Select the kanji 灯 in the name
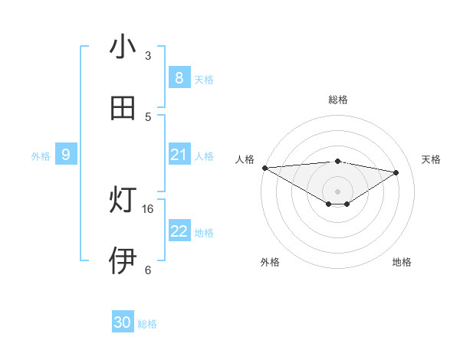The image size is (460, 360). point(123,201)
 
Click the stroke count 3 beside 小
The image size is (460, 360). point(148,55)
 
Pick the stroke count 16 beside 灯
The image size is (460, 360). point(148,208)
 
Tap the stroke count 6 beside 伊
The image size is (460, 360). point(148,270)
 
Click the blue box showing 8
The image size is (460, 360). point(179,78)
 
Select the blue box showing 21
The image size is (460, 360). point(179,155)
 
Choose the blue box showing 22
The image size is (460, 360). point(179,231)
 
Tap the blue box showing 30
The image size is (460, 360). point(122,322)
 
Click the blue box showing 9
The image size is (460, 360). point(66,155)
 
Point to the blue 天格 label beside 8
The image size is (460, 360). point(204,79)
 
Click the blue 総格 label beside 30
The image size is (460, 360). point(147,324)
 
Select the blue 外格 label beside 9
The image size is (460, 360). point(41,156)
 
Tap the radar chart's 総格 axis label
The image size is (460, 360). point(338,100)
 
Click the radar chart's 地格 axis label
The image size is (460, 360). point(402,262)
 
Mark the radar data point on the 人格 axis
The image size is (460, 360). point(264,167)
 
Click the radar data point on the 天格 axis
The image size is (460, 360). point(396,172)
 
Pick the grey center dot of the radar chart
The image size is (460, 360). point(338,191)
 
